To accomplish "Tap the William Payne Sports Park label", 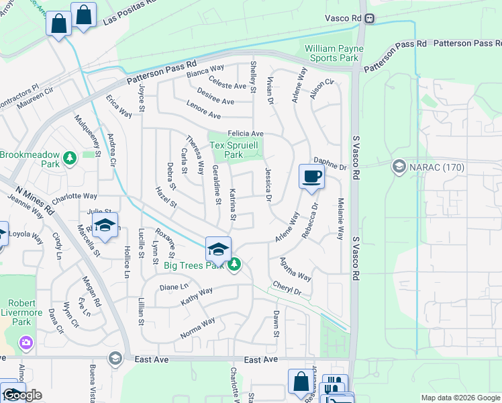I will coord(334,53).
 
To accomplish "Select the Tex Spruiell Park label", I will coord(236,150).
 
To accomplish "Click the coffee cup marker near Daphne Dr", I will coord(311,177).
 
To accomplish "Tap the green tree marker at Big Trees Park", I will coord(234,265).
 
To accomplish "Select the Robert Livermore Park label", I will coord(22,313).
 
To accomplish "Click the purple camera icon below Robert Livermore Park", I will coord(26,342).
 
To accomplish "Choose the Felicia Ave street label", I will coord(245,134).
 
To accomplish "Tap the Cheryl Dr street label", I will coord(287,288).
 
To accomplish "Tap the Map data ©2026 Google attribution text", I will coord(460,398).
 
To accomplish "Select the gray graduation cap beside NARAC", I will coord(399,166).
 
